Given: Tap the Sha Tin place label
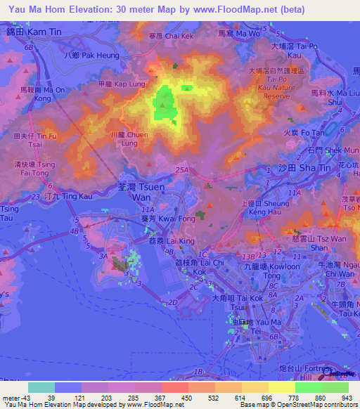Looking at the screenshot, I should (x=294, y=169).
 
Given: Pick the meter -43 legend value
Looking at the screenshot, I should (x=15, y=397).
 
